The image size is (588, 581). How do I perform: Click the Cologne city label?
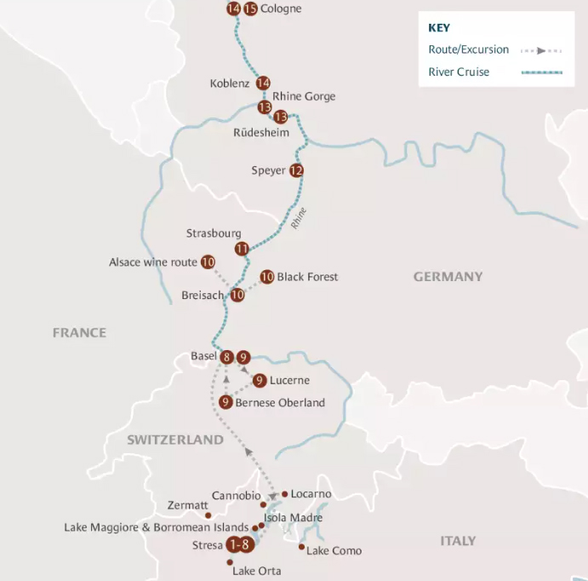(x=281, y=9)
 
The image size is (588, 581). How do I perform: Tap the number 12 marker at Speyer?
(x=296, y=170)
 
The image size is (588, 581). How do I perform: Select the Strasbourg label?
(x=214, y=233)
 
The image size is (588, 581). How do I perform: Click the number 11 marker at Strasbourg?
(x=243, y=249)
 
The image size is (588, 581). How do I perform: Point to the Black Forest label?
(x=307, y=277)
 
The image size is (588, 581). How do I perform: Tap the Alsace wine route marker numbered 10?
(x=208, y=262)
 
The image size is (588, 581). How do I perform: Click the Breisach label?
(x=203, y=296)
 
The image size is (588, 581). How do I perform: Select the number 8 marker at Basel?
(x=226, y=357)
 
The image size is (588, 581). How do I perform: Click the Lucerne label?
(x=289, y=381)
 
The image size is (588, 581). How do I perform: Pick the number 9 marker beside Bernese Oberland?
(x=225, y=402)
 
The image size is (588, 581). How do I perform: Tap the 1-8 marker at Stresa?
(x=239, y=545)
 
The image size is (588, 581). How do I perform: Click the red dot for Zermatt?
(x=208, y=515)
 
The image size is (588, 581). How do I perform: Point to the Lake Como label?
(x=334, y=551)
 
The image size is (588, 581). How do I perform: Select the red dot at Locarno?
(x=284, y=494)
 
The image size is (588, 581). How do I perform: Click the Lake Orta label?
(x=256, y=571)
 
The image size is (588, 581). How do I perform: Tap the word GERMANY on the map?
(x=448, y=277)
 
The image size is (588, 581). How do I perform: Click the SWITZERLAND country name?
(x=175, y=440)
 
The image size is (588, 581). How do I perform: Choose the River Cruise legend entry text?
(x=459, y=72)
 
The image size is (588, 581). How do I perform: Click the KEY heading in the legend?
(x=439, y=27)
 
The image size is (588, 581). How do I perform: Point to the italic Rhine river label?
(x=298, y=219)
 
